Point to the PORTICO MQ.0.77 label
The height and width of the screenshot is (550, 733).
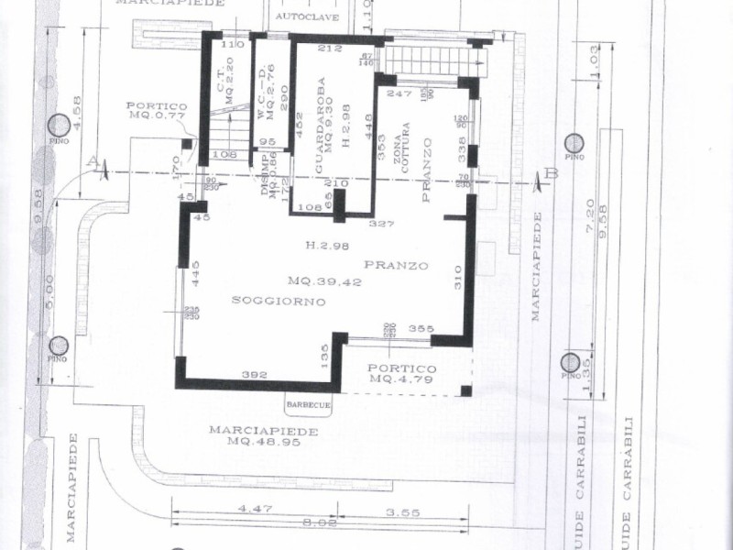[157, 112]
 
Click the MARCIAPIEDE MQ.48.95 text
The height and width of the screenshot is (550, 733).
[263, 435]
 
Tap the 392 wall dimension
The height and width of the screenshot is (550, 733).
[253, 375]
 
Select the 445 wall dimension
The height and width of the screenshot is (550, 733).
[194, 273]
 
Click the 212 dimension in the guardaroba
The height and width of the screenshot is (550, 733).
[330, 48]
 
